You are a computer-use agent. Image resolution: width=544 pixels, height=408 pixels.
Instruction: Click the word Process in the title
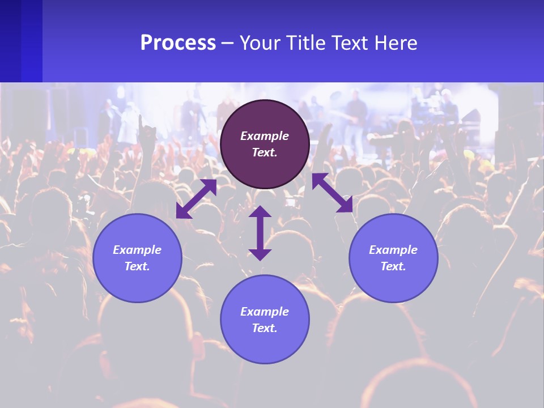tap(178, 43)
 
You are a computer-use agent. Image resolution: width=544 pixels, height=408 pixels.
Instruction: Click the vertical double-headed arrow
tap(260, 233)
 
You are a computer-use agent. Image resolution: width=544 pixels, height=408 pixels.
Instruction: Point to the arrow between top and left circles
tap(196, 199)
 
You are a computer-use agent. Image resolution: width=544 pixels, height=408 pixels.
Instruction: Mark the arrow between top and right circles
tap(332, 193)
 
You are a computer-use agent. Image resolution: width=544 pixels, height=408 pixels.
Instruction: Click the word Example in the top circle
tap(265, 136)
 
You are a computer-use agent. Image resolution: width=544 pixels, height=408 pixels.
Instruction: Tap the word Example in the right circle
tap(393, 250)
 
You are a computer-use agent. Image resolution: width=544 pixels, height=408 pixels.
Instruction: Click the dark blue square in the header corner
tap(21, 41)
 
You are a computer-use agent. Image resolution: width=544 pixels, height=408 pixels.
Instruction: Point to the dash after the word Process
tap(228, 44)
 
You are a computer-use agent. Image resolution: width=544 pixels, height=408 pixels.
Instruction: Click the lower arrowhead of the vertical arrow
tap(260, 254)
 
